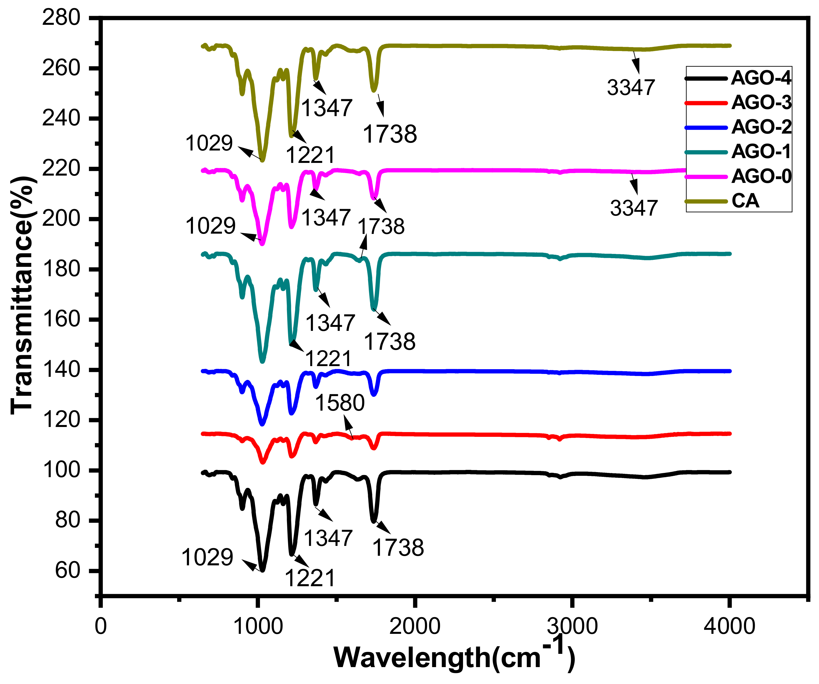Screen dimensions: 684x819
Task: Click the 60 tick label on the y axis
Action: click(67, 571)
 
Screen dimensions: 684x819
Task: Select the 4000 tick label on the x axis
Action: click(729, 627)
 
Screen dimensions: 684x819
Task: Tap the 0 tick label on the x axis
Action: click(101, 627)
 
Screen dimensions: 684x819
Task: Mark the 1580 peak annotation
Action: click(340, 403)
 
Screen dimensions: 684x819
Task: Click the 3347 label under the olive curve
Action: click(631, 87)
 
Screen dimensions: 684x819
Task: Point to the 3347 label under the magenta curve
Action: click(634, 208)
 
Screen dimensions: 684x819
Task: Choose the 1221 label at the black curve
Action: click(310, 578)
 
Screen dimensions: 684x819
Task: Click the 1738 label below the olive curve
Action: click(390, 134)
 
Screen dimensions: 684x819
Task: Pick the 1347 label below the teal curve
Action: click(330, 323)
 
